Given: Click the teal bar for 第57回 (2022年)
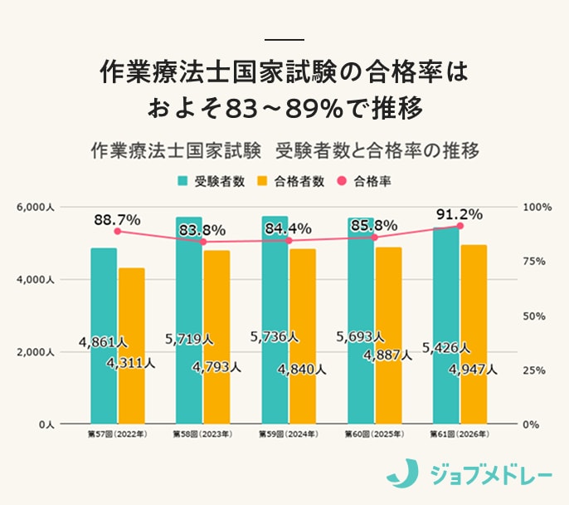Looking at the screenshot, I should point(104,336).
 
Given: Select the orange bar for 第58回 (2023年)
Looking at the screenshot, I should point(216,336).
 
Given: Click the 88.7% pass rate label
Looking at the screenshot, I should point(117,220).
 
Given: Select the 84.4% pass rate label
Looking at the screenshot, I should point(288,228).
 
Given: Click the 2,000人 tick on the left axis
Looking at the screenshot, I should point(36,352).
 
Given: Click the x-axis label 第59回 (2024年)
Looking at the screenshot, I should point(288,434).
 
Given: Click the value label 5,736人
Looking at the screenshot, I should point(274,337).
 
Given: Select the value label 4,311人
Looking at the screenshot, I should point(130,363).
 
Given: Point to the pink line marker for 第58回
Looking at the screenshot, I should point(202,242).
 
